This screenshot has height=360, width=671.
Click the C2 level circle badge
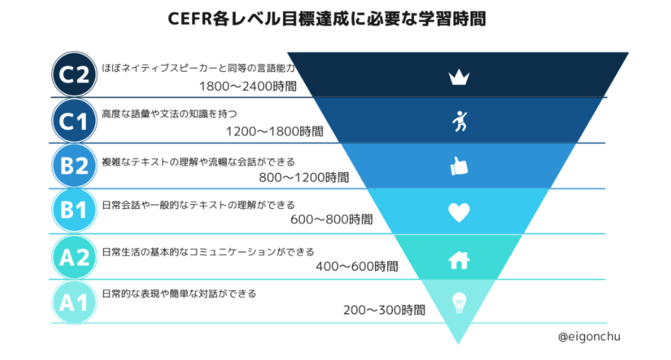pyautogui.click(x=74, y=74)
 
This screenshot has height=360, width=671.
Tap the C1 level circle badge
pyautogui.click(x=74, y=120)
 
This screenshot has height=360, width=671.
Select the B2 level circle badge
pyautogui.click(x=74, y=166)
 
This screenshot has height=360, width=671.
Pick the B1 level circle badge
pyautogui.click(x=74, y=211)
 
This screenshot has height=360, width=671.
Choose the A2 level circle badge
pyautogui.click(x=74, y=257)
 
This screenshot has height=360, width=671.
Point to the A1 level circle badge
pyautogui.click(x=74, y=303)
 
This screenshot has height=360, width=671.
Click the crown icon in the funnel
pyautogui.click(x=458, y=76)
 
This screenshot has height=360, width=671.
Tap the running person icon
pyautogui.click(x=458, y=121)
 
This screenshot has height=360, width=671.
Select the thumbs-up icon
pyautogui.click(x=458, y=166)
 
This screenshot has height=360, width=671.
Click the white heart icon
pyautogui.click(x=458, y=212)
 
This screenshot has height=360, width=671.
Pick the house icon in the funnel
pyautogui.click(x=458, y=259)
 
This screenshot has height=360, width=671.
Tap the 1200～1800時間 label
pyautogui.click(x=274, y=131)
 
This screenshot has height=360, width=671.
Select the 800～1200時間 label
pyautogui.click(x=303, y=177)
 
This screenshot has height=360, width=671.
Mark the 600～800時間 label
pyautogui.click(x=332, y=220)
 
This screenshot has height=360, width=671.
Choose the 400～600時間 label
pyautogui.click(x=356, y=266)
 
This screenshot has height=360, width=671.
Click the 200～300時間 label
pyautogui.click(x=384, y=310)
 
